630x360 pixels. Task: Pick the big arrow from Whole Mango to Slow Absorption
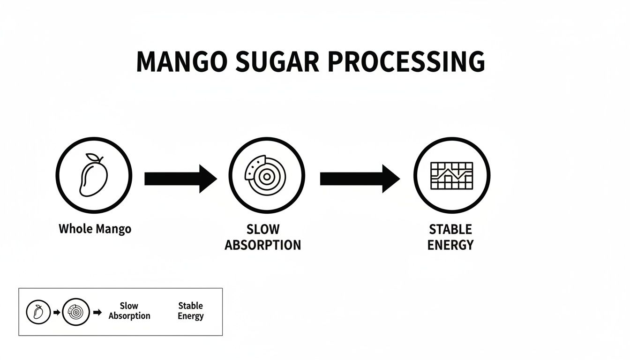(180, 179)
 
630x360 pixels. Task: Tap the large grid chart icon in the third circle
(451, 176)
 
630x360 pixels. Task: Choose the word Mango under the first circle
(113, 229)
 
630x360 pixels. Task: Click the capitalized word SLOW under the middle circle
(262, 230)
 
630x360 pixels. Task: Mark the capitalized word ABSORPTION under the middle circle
(262, 245)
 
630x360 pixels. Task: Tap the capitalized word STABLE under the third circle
(450, 230)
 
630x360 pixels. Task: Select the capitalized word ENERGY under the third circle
(450, 245)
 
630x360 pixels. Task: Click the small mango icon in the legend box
(38, 312)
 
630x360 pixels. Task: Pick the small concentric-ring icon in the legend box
(75, 312)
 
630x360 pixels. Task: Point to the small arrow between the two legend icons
(57, 312)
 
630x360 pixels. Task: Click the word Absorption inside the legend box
(129, 316)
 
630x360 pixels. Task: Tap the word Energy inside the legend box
(191, 316)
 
